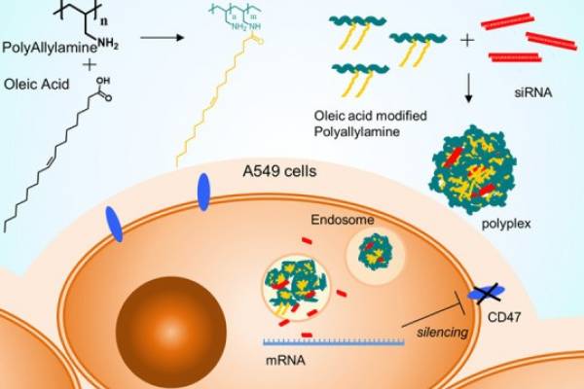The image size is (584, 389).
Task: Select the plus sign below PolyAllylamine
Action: pos(36,65)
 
